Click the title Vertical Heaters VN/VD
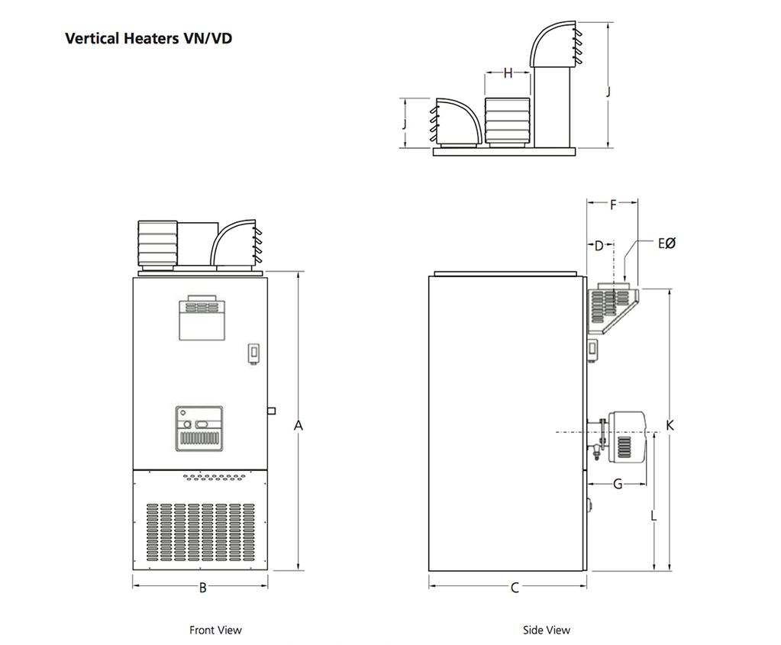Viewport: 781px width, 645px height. (148, 38)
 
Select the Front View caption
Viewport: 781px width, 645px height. (215, 630)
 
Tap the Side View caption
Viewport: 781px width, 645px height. (546, 630)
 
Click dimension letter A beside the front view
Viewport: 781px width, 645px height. (299, 425)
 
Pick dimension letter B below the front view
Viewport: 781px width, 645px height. (202, 587)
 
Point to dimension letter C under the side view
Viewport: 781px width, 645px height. (515, 587)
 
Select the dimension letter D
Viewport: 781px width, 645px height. (599, 246)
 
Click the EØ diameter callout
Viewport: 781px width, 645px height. (666, 243)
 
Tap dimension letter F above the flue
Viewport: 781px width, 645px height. (613, 204)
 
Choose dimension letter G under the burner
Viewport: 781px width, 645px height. (618, 484)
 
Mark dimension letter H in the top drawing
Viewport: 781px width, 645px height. (508, 73)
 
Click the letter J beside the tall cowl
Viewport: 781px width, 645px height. (608, 91)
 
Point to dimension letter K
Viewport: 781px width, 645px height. (670, 425)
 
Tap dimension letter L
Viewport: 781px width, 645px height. (654, 516)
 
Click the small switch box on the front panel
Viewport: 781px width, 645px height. (253, 353)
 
